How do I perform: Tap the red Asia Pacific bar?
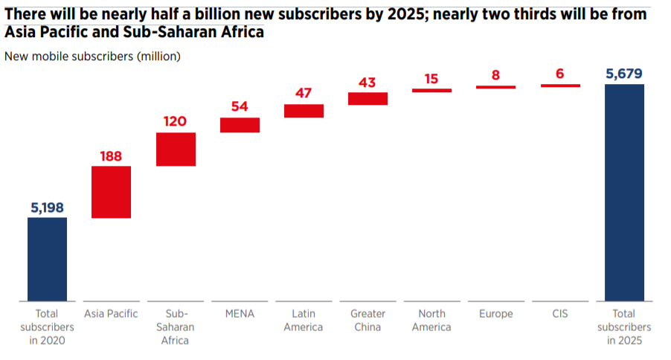(x=111, y=192)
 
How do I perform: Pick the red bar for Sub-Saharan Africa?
(x=176, y=149)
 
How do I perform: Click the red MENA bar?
(x=240, y=125)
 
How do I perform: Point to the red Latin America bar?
(x=304, y=111)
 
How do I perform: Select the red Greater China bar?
(x=367, y=98)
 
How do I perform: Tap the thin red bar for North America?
(x=431, y=90)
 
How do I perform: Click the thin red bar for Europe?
(x=495, y=87)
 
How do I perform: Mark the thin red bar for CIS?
(x=560, y=86)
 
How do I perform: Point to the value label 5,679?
(x=624, y=73)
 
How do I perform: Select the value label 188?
(x=111, y=155)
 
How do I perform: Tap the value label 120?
(x=175, y=122)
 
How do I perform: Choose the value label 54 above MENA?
(x=240, y=106)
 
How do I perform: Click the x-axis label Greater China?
(x=367, y=320)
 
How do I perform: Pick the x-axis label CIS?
(x=560, y=314)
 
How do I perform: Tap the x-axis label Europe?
(x=495, y=314)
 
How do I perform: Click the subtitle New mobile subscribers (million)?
(x=92, y=55)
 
